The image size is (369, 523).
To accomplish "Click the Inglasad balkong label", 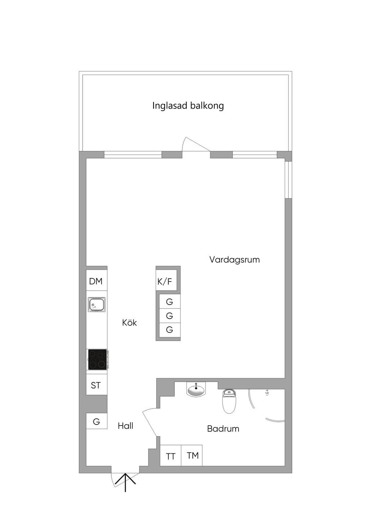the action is click(x=188, y=106).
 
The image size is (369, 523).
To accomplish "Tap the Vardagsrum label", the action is click(x=235, y=260).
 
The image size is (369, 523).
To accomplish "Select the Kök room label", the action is click(x=129, y=323).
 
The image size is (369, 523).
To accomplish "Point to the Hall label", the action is click(x=125, y=426).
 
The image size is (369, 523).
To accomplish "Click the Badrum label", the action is click(x=223, y=429).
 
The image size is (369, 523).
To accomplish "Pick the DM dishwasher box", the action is click(x=97, y=281).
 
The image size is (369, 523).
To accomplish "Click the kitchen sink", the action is click(x=97, y=305).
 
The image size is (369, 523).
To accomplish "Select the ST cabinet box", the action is click(x=97, y=385).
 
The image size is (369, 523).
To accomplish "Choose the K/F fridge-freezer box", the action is click(x=166, y=280).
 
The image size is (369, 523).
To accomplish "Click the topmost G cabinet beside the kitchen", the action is click(x=169, y=301).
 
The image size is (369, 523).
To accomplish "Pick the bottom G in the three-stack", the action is click(x=169, y=330).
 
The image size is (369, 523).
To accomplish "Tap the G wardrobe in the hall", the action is click(x=97, y=422).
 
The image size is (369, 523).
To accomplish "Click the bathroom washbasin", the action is click(x=196, y=389).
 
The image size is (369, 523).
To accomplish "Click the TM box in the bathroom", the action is click(x=192, y=456).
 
